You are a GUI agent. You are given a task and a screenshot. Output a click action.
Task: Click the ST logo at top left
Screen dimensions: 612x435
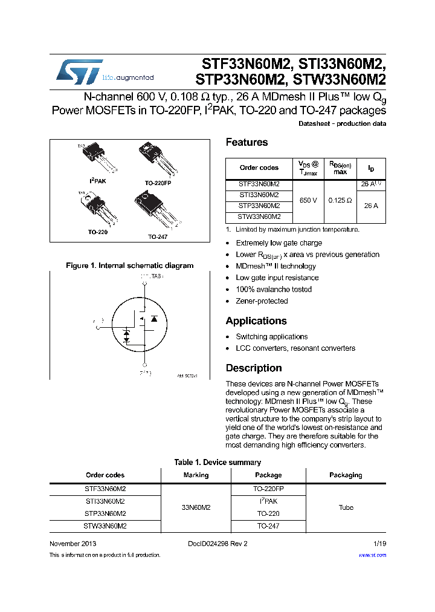79,71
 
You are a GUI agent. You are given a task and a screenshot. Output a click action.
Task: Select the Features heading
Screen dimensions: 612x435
246,142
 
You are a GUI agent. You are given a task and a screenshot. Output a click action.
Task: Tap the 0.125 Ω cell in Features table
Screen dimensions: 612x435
340,200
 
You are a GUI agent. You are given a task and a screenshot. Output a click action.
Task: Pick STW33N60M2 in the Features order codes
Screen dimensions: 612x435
259,216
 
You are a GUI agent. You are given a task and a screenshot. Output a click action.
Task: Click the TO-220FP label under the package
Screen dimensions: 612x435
158,182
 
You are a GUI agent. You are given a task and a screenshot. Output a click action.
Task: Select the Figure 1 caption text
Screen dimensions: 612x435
129,265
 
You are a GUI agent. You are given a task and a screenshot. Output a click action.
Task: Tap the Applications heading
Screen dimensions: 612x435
256,321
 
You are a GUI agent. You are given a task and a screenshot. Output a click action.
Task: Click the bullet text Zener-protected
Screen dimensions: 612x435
262,301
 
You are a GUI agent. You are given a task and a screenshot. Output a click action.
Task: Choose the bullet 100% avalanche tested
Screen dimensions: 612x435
274,290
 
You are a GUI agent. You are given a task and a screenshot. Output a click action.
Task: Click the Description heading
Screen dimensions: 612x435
254,368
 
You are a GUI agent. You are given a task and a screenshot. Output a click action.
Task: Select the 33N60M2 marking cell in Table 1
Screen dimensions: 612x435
196,507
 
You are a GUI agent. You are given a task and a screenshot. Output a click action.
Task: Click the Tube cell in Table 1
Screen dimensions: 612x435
346,507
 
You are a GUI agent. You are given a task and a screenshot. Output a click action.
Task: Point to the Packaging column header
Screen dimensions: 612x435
346,475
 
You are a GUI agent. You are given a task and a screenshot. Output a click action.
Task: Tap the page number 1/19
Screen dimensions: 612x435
379,544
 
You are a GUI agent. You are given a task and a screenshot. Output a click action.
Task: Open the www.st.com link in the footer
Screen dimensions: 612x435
372,555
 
